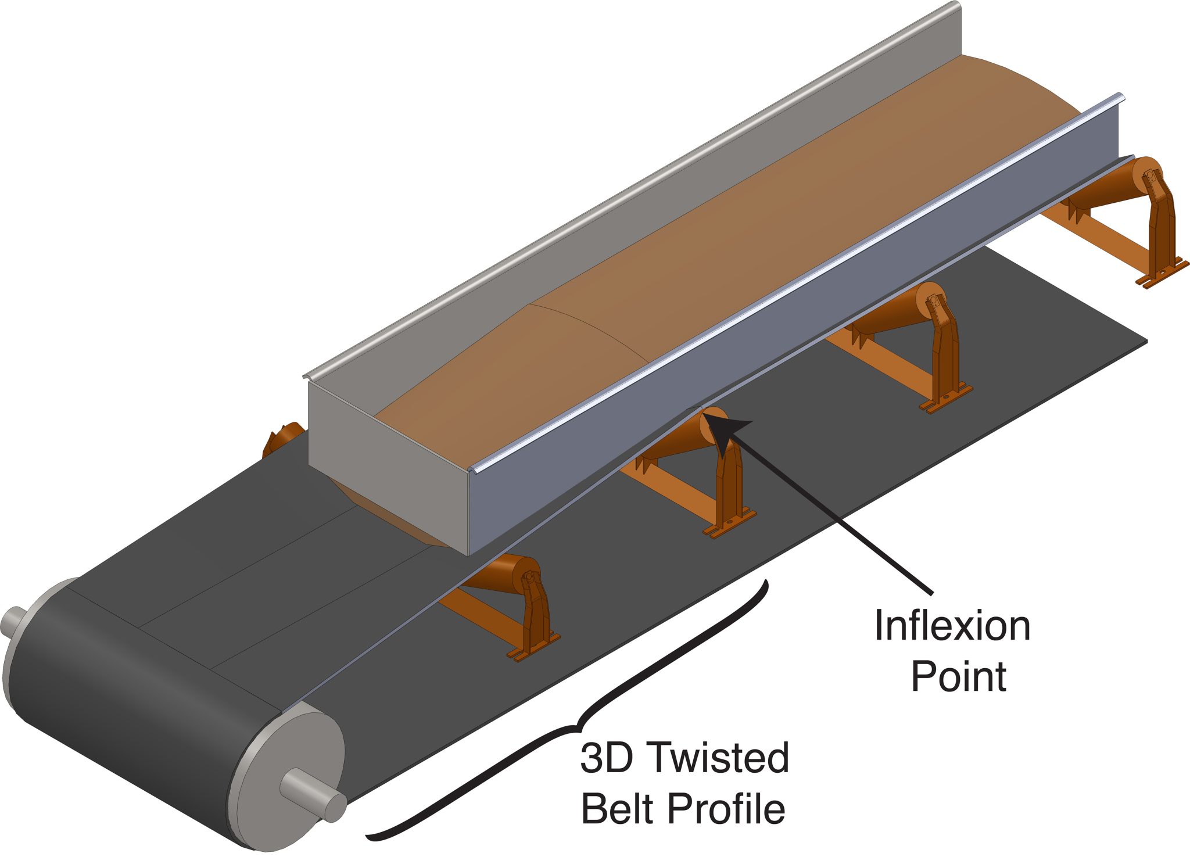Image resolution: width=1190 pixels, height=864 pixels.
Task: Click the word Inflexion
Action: pos(952,626)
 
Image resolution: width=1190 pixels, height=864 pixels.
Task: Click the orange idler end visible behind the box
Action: pos(282,439)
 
